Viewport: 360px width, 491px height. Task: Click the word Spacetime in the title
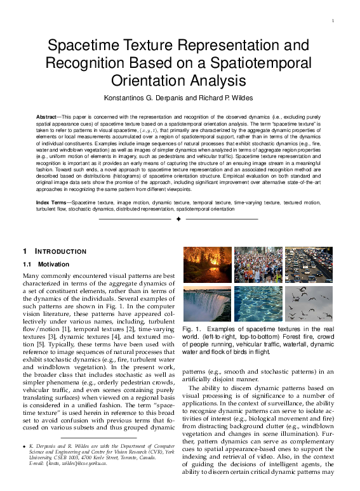click(x=89, y=46)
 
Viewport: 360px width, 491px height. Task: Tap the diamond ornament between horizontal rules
click(x=179, y=219)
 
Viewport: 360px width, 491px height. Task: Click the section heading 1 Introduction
click(x=59, y=251)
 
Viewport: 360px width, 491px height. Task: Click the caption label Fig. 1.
click(x=192, y=330)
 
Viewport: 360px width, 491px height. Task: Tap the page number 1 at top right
click(x=333, y=22)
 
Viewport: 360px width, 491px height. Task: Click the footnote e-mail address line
click(x=69, y=463)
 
